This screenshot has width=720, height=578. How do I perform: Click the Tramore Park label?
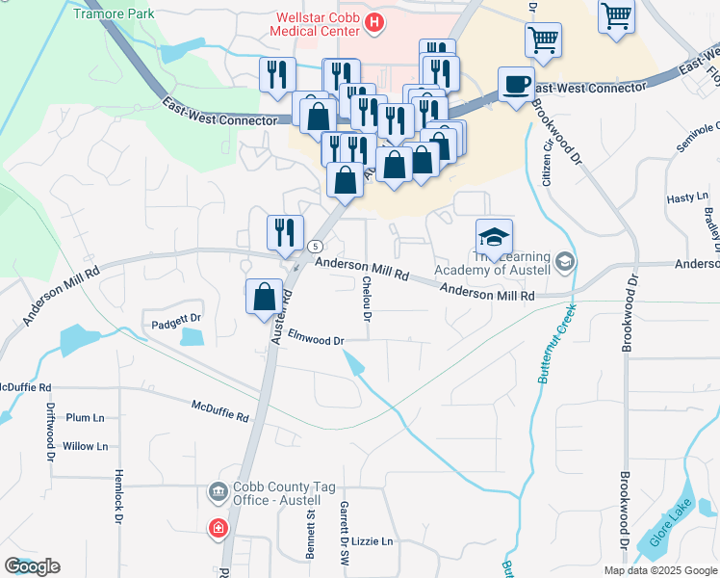click(115, 15)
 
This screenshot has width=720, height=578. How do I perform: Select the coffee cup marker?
click(515, 84)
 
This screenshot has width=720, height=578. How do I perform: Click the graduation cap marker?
click(494, 237)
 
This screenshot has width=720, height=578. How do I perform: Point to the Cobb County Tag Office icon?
click(218, 493)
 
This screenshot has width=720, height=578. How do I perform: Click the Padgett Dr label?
click(174, 317)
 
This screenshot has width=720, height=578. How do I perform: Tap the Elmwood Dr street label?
click(309, 340)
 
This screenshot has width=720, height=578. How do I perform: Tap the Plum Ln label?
click(86, 418)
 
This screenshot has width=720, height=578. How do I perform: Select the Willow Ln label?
click(86, 447)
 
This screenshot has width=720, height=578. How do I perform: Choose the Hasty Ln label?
click(687, 197)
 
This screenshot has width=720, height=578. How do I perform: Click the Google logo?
click(32, 566)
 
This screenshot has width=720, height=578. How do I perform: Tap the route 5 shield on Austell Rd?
click(315, 247)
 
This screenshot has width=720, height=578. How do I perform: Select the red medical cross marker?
click(219, 529)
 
